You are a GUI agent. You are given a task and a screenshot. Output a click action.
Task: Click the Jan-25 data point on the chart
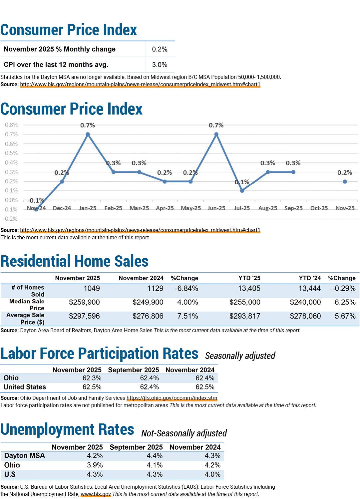point(88,134)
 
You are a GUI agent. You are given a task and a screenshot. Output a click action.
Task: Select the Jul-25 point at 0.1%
point(242,191)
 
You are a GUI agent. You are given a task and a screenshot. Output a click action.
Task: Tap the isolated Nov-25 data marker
point(345,181)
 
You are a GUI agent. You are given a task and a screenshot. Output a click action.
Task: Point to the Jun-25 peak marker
point(216,134)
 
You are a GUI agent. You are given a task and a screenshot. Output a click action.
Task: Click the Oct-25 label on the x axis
point(319,208)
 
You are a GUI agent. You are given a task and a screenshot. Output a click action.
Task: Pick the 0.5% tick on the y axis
point(11,153)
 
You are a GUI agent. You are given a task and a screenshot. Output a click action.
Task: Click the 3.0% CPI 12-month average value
point(160,65)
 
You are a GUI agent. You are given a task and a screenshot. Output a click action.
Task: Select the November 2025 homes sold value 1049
point(92,288)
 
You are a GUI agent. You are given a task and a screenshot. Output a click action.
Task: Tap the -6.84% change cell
point(186,288)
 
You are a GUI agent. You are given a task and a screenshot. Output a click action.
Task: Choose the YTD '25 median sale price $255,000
point(245,302)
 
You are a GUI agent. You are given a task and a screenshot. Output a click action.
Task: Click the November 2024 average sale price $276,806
point(148,316)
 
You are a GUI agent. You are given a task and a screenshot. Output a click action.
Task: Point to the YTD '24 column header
point(310,278)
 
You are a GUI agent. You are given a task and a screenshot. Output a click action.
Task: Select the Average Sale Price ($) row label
point(25,319)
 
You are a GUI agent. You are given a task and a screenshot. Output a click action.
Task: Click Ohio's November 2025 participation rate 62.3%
point(92,378)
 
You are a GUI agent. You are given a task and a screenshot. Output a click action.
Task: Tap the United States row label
point(25,387)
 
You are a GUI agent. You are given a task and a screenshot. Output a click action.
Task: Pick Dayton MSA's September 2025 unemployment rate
point(155,456)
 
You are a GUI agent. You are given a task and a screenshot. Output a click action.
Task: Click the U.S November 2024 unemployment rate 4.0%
point(212,474)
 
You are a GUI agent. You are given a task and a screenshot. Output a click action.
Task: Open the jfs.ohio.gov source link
point(172,398)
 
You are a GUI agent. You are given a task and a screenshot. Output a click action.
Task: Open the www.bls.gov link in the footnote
point(96,494)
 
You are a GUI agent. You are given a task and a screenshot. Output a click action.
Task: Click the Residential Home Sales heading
point(75,261)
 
